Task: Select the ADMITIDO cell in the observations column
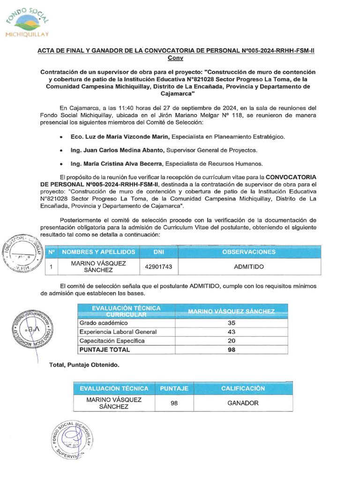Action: [249, 267]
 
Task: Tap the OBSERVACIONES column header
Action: [249, 252]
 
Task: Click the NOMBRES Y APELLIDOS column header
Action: [98, 252]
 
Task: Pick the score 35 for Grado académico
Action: [231, 323]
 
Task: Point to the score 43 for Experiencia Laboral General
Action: [231, 332]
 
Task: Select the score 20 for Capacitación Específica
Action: [231, 341]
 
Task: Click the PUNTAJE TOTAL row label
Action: [105, 350]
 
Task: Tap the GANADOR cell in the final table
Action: [243, 403]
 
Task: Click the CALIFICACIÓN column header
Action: [243, 388]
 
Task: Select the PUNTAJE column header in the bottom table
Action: [174, 388]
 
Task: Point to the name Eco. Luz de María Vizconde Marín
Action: [120, 136]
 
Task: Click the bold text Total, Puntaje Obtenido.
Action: [84, 365]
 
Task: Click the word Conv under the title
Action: [175, 58]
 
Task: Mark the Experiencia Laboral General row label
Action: [118, 332]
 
